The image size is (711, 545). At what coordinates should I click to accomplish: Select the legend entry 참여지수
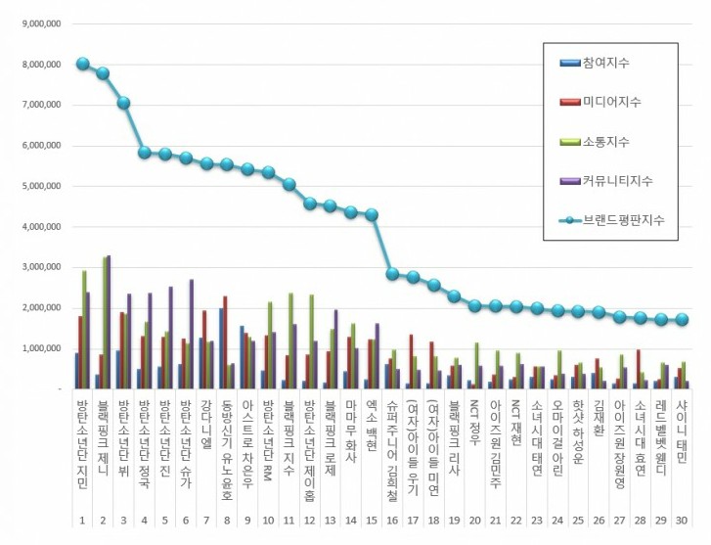tap(606, 64)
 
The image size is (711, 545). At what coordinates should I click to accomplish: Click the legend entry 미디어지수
tap(611, 103)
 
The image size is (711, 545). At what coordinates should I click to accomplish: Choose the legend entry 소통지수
tap(606, 143)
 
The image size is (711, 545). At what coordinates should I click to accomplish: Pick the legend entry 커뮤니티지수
tap(616, 181)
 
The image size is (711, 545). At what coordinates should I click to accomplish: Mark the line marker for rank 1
tap(82, 65)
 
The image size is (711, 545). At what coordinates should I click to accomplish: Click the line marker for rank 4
tap(145, 152)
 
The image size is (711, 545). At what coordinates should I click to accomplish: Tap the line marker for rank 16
tap(392, 274)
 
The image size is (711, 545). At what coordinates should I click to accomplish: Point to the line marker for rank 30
tap(683, 319)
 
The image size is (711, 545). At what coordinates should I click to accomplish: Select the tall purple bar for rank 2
tap(109, 323)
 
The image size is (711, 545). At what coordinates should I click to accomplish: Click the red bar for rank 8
tap(226, 342)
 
